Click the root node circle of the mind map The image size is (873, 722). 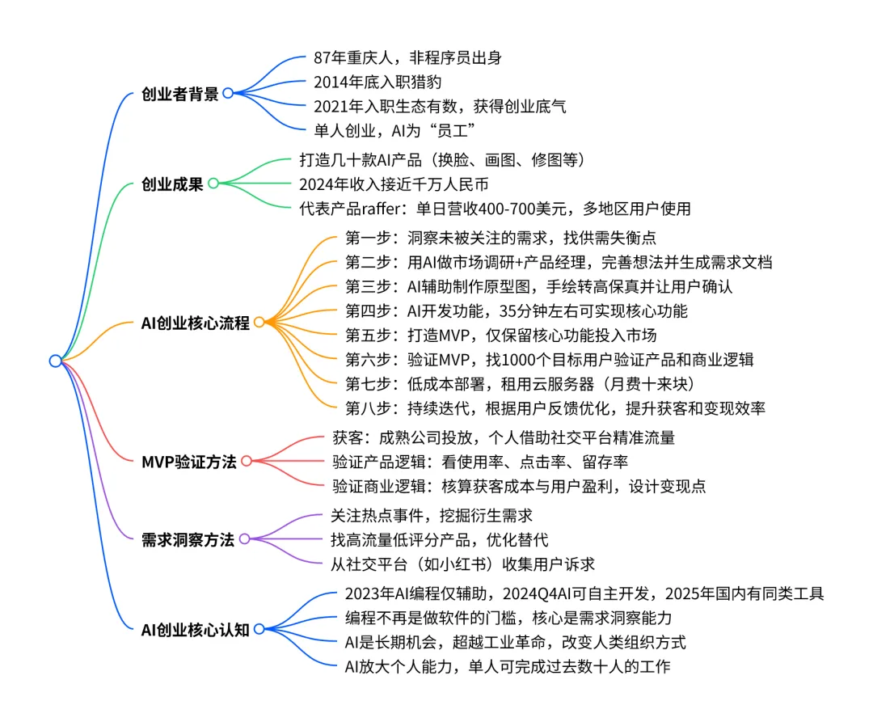click(55, 361)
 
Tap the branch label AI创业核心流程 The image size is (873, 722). click(195, 323)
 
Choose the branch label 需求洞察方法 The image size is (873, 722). click(188, 539)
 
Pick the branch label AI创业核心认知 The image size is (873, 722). click(195, 629)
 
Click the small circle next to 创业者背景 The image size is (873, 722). click(228, 93)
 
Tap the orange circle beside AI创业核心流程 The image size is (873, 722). click(259, 322)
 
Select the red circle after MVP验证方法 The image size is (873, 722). click(247, 461)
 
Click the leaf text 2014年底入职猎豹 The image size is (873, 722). click(377, 81)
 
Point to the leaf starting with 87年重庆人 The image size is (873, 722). click(411, 57)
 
